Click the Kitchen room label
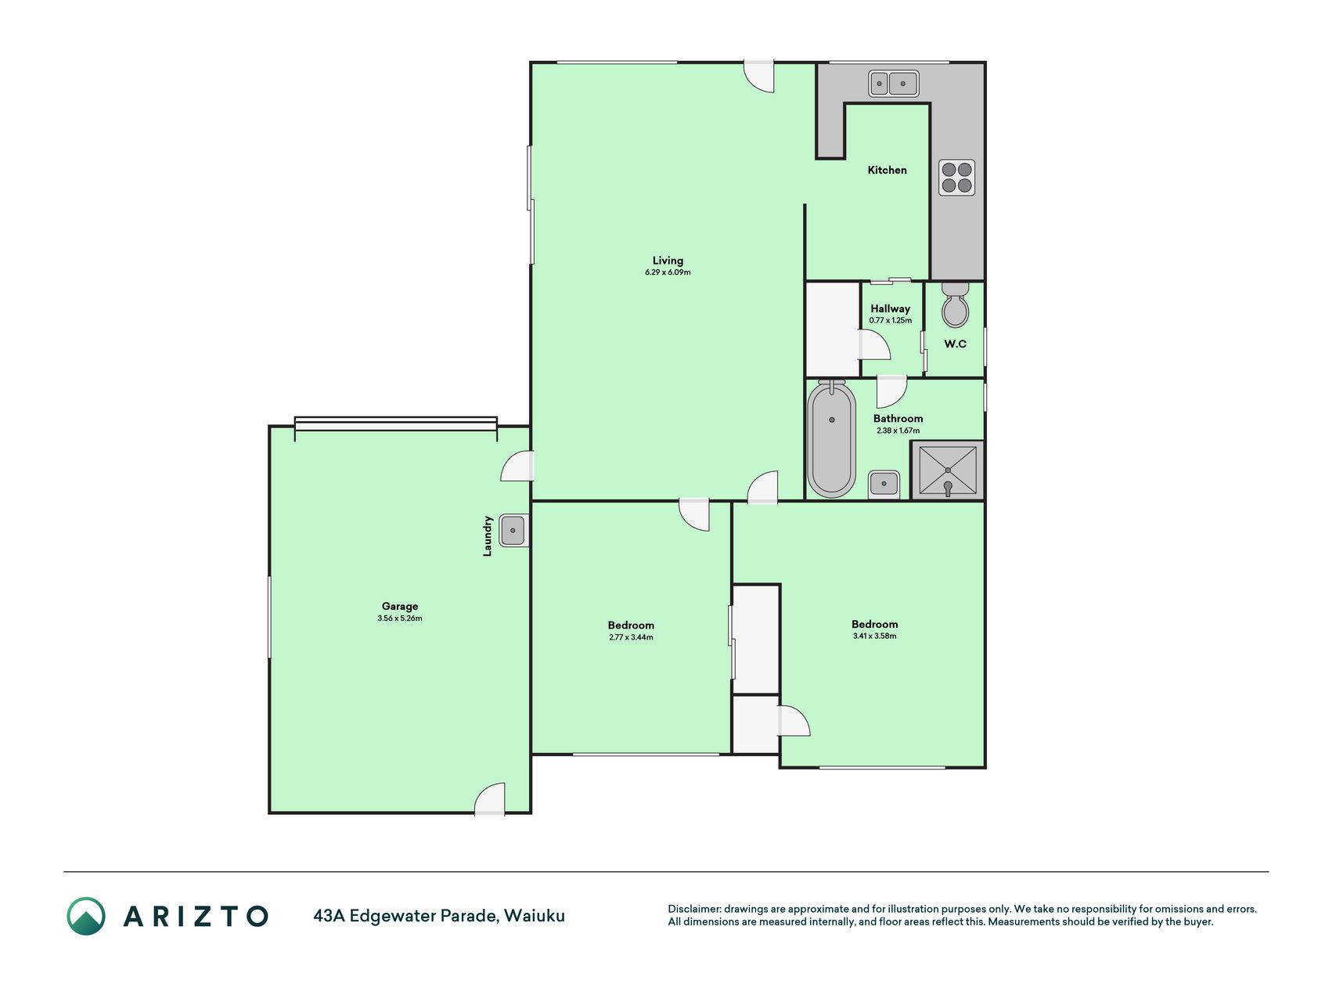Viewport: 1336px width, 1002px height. click(x=887, y=170)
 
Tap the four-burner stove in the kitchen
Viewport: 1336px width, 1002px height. click(x=956, y=178)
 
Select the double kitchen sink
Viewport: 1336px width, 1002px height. click(x=893, y=83)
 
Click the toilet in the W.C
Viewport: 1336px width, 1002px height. click(x=955, y=305)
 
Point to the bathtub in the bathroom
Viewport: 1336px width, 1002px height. click(x=831, y=439)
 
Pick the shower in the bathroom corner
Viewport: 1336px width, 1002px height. click(x=947, y=470)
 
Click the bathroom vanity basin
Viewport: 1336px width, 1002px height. click(x=884, y=484)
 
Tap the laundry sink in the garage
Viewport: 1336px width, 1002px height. click(x=513, y=531)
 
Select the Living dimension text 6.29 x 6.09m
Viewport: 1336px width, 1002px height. click(x=668, y=272)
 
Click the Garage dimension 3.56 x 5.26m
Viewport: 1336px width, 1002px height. click(x=399, y=618)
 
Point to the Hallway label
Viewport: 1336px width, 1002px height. click(x=890, y=308)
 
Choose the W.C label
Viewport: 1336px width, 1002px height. click(x=955, y=344)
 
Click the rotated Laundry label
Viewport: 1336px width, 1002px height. click(x=488, y=535)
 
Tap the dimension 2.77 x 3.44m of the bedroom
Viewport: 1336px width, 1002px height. click(x=631, y=637)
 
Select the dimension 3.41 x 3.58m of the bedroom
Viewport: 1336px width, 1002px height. click(x=874, y=636)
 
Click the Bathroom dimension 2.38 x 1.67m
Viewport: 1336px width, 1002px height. click(x=898, y=431)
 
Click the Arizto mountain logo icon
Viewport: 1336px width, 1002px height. click(x=86, y=916)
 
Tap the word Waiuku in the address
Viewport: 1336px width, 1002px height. click(x=535, y=916)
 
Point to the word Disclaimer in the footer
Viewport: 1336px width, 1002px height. click(x=693, y=909)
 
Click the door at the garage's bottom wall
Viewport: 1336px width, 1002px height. click(x=490, y=799)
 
